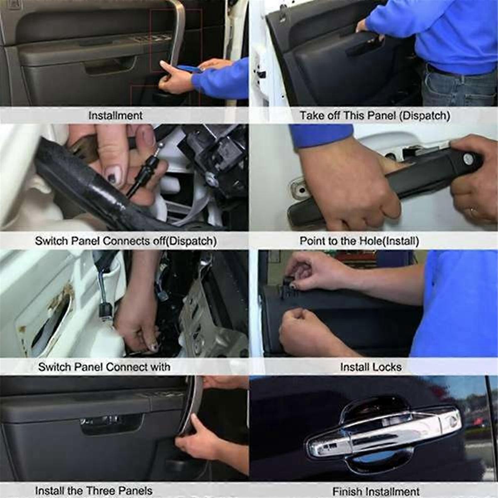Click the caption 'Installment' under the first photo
[115, 115]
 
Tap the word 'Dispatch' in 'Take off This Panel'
[424, 115]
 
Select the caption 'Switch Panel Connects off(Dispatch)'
[125, 241]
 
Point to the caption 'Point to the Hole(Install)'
[359, 241]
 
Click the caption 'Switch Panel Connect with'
[104, 367]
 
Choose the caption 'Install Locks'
[371, 367]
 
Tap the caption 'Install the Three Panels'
[93, 491]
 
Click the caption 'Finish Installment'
[376, 491]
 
